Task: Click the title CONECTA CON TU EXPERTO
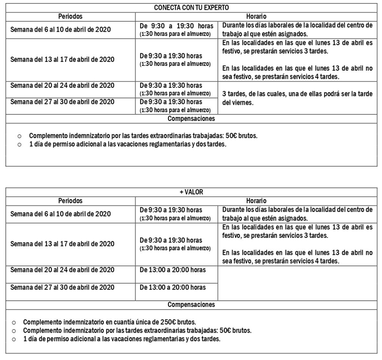tap(191, 8)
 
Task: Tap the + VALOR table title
tap(191, 192)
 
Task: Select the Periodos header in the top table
tap(70, 17)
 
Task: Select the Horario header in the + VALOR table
tap(256, 201)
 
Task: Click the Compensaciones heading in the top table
tap(191, 118)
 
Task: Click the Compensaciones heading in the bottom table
tap(191, 304)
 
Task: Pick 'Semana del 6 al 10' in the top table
tap(61, 30)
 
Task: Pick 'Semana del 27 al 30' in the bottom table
tap(62, 287)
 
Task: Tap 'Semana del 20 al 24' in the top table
tap(62, 85)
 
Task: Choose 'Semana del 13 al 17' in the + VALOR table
tap(62, 244)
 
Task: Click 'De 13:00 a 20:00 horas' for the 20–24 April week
tap(173, 270)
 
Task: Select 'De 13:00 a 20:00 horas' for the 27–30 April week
tap(173, 287)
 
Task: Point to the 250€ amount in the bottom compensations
tap(169, 322)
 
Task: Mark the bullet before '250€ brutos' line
tap(14, 322)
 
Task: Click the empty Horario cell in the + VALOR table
tap(297, 283)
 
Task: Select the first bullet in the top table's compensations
tap(19, 136)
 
